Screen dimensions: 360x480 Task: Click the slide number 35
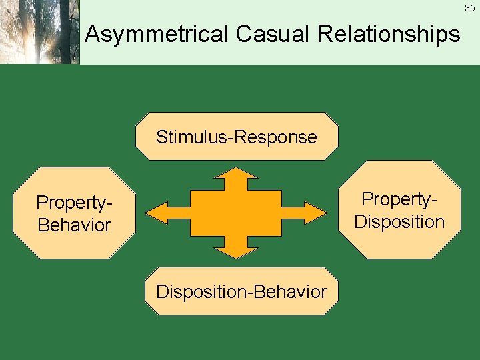click(470, 8)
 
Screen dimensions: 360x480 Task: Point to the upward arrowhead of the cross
click(236, 177)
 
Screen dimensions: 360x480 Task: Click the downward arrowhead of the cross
click(236, 249)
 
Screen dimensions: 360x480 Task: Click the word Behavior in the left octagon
click(73, 225)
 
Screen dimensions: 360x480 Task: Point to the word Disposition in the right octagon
click(399, 221)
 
